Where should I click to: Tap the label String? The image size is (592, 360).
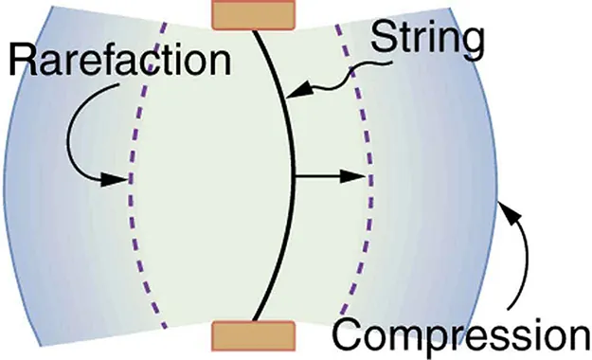[x=427, y=40]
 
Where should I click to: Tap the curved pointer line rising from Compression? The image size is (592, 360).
[x=520, y=265]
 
